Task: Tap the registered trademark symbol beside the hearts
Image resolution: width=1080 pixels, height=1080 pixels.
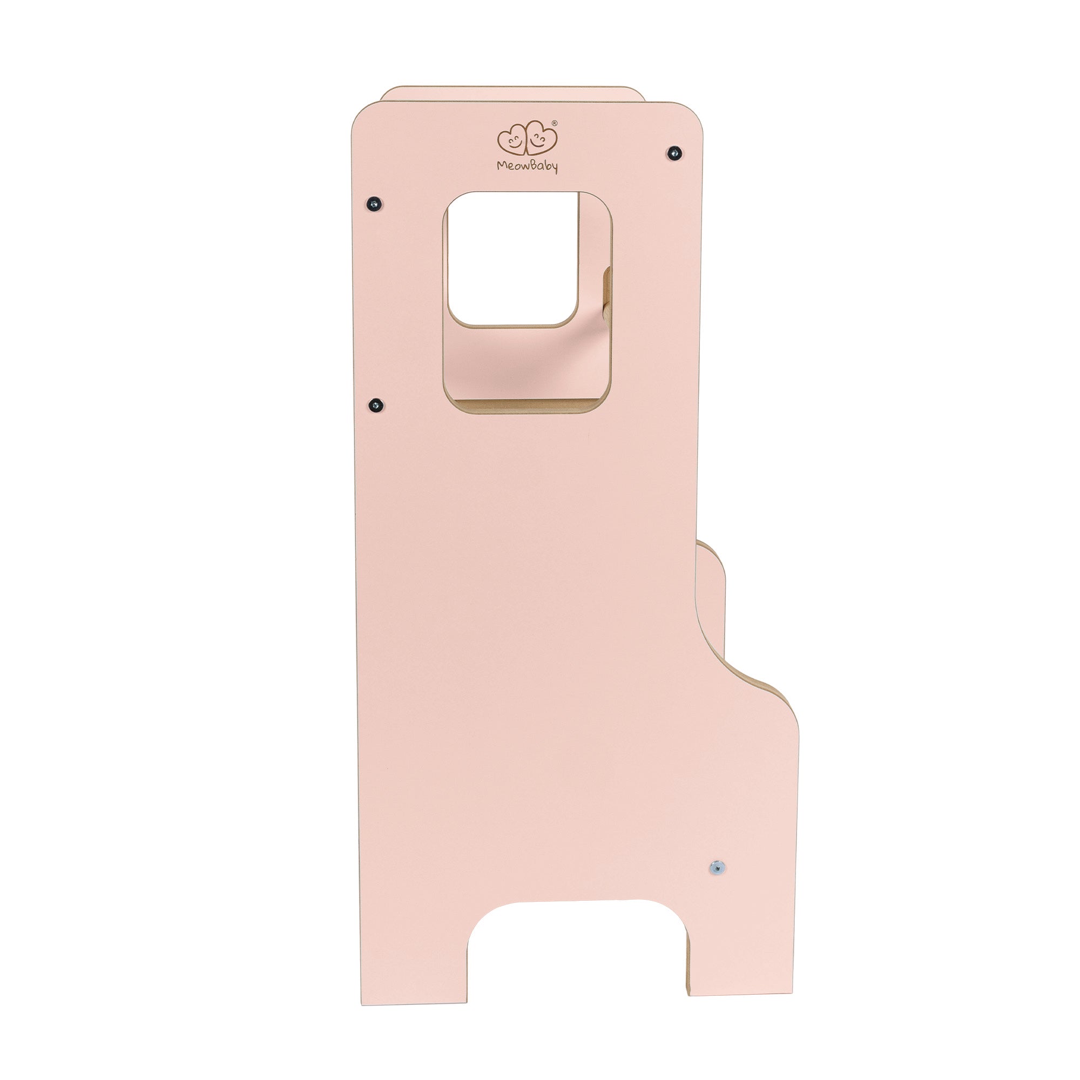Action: tap(555, 123)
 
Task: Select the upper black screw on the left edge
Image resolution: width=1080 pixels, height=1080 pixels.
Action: tap(375, 202)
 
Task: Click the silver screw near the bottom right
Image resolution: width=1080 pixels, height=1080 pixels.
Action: tap(716, 867)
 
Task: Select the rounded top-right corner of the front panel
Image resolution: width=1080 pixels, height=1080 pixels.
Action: tap(693, 114)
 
